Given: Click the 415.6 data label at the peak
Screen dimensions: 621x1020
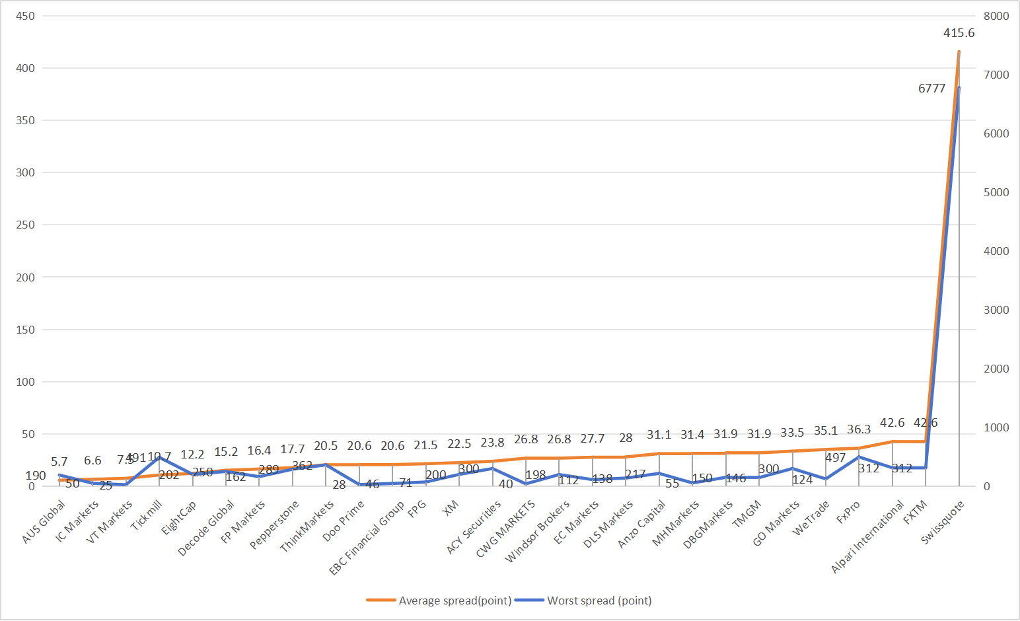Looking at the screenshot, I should [x=959, y=33].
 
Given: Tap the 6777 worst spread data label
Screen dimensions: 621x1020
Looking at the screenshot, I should [x=931, y=89].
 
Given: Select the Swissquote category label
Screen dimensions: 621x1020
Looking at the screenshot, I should [x=943, y=522].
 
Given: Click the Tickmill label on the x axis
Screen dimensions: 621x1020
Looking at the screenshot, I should [x=147, y=515].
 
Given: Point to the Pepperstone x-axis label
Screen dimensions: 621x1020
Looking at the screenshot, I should [x=275, y=525].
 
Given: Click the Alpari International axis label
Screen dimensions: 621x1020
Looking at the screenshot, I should [x=868, y=536].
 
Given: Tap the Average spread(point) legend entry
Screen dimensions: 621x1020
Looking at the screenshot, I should [x=440, y=601].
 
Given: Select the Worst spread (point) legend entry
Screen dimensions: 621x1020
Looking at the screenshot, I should [x=584, y=601].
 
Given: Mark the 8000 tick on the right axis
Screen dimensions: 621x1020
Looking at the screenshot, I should [x=996, y=16].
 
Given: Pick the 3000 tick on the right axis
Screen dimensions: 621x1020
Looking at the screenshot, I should [x=996, y=310].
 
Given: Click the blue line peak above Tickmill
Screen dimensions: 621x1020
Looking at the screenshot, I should [x=159, y=457].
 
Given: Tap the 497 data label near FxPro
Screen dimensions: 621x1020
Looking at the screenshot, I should [x=835, y=458].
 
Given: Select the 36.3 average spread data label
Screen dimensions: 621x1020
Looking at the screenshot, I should [x=859, y=429].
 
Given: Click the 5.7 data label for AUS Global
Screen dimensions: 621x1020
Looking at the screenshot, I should [x=59, y=462].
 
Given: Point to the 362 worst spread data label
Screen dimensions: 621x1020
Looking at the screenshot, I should [x=302, y=466].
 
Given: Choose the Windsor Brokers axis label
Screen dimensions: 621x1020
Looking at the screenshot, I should [x=538, y=531].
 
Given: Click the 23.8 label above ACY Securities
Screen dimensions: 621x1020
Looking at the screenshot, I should [x=492, y=443].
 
